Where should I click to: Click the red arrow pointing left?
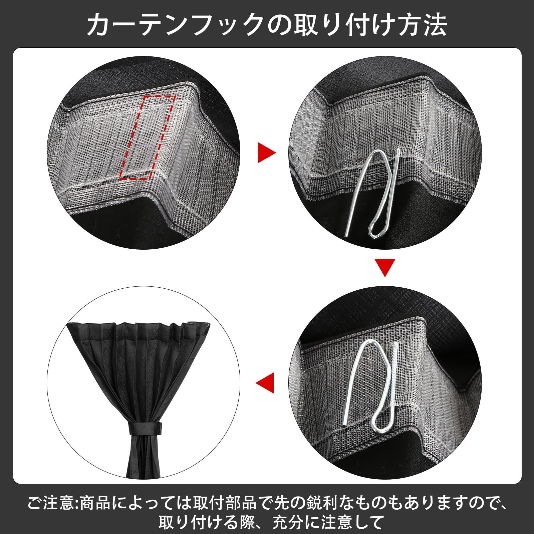pos(266,382)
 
